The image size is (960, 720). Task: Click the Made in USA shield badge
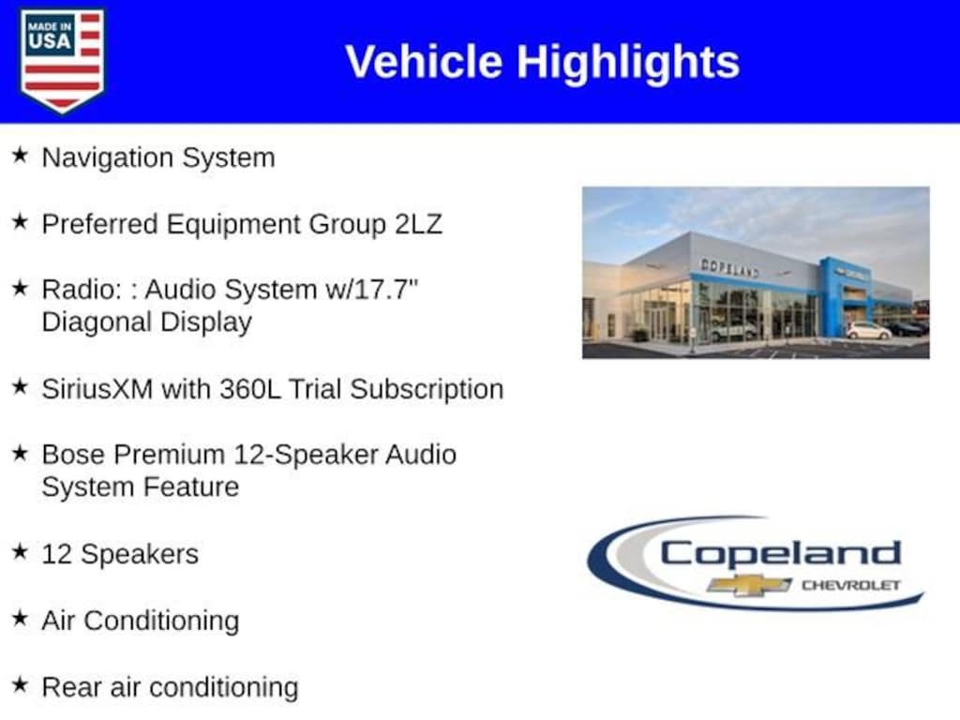click(x=62, y=60)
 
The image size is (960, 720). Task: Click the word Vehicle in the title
click(x=424, y=62)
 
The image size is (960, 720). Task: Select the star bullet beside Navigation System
click(x=21, y=155)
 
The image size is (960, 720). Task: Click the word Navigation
click(x=108, y=158)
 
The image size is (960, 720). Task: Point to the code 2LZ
click(x=418, y=224)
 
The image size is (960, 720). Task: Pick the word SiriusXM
click(x=97, y=389)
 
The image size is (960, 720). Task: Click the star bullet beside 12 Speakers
click(x=21, y=551)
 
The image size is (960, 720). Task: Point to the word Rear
click(x=71, y=687)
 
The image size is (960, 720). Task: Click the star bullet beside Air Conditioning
click(x=21, y=618)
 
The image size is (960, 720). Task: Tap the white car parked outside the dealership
click(x=869, y=331)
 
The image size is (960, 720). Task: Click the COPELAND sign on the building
click(x=729, y=267)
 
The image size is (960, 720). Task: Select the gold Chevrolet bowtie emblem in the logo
click(x=749, y=585)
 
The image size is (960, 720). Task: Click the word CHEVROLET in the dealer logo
click(x=851, y=585)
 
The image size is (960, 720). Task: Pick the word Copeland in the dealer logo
click(x=781, y=554)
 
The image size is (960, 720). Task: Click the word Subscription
click(x=427, y=390)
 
